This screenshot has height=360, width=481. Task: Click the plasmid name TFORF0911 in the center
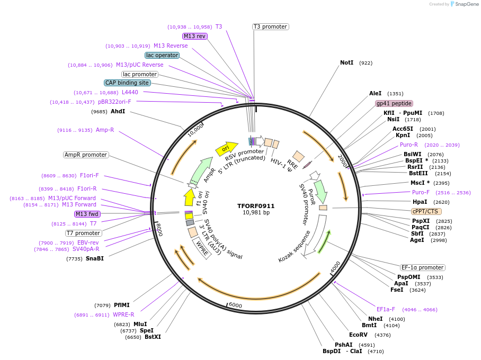pos(256,206)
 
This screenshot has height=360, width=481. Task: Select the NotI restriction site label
pos(346,62)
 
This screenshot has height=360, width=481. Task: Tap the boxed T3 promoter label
pos(270,26)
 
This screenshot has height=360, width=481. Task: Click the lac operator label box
pos(162,55)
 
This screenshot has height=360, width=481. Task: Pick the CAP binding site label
pos(127,83)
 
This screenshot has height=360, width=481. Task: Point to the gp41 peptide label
pos(394,103)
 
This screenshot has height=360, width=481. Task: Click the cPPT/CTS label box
pos(425,211)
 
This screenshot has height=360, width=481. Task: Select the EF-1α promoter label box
pos(422,267)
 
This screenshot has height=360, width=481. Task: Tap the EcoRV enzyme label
pos(358,335)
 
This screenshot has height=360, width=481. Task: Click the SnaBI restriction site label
pos(95,258)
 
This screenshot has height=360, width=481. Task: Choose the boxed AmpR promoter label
pos(86,155)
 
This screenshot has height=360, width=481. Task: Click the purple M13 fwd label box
pos(87,214)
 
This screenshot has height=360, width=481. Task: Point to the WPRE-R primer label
pos(123,314)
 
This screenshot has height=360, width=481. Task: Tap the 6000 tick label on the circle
pos(235,306)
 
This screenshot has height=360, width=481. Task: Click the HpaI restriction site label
pos(420,202)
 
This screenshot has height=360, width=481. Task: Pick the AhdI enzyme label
pos(118,111)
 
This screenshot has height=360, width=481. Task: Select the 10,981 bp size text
pos(256,213)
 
